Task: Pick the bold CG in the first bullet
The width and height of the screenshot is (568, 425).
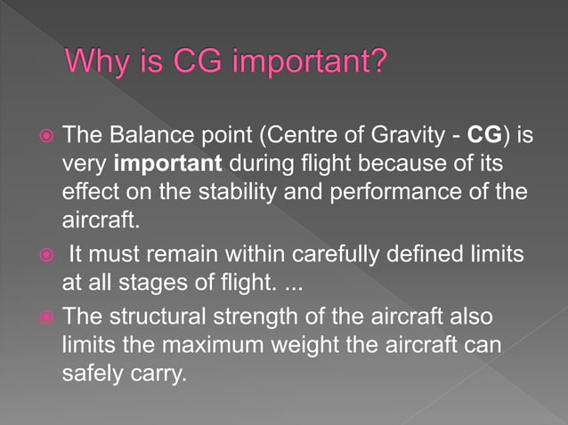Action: [484, 136]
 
